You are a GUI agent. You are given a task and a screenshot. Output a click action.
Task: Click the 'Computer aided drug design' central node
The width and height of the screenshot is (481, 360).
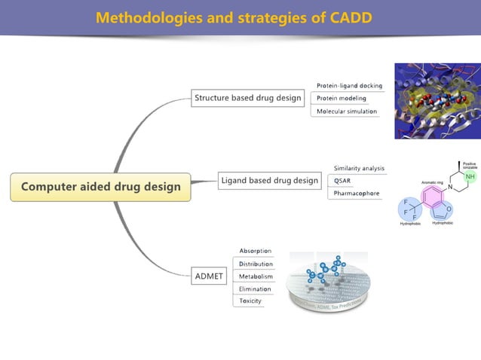tap(100, 187)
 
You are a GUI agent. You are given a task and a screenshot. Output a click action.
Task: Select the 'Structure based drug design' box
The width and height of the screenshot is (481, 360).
tap(247, 98)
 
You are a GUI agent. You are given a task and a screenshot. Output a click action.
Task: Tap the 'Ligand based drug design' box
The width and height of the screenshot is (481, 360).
tap(269, 180)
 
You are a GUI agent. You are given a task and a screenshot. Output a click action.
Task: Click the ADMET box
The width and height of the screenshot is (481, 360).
tap(209, 276)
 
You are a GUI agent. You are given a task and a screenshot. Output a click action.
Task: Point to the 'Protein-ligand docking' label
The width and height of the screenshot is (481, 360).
tap(349, 86)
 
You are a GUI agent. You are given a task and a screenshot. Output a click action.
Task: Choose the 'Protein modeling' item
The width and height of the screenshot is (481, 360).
tap(342, 99)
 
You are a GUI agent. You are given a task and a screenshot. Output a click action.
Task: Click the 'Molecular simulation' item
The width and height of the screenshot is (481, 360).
tap(347, 111)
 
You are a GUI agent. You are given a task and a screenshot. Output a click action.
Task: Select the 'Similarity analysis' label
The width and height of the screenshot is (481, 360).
tap(359, 168)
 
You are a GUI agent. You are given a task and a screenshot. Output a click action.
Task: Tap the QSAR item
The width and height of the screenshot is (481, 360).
tap(342, 181)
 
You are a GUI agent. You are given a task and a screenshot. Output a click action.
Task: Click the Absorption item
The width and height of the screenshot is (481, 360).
tap(256, 251)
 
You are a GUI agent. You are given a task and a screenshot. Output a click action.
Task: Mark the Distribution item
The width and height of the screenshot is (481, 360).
tap(256, 264)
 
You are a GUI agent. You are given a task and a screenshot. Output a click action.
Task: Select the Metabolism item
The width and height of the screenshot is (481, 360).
tap(256, 276)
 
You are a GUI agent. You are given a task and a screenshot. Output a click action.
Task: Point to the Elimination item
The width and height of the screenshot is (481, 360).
tap(255, 288)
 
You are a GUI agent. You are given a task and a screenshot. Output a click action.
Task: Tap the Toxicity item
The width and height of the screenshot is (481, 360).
tap(250, 301)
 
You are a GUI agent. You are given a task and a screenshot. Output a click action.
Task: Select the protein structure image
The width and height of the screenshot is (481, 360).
tap(437, 100)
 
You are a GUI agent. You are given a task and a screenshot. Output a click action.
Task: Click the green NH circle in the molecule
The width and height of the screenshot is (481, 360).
tap(470, 177)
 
